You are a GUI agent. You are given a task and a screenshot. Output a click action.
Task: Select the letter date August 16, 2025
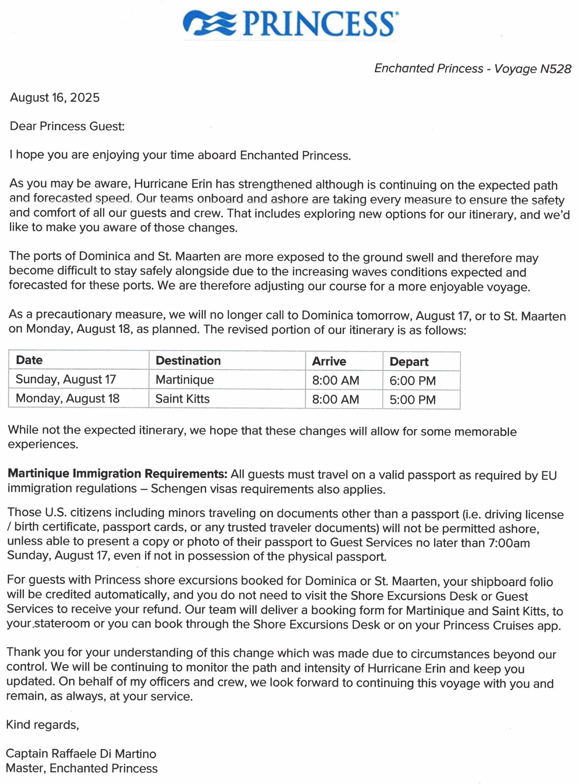pos(55,97)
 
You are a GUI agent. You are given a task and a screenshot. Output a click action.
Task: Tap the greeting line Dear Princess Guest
pos(67,126)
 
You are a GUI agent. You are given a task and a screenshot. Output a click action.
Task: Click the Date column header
pos(30,360)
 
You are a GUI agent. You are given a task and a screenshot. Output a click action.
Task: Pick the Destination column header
pos(188,361)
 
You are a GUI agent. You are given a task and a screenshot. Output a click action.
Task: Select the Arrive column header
pos(329,361)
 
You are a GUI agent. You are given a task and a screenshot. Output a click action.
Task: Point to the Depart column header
pos(409,362)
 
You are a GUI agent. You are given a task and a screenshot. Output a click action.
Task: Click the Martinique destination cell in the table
pos(185,379)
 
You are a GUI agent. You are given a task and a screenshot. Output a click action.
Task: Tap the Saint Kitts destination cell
pos(182,398)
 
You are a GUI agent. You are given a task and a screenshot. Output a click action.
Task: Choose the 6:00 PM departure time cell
pos(413,381)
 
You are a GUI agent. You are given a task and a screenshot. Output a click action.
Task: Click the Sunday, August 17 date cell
pos(66,379)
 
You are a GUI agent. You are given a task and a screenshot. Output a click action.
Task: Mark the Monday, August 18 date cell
pos(67,398)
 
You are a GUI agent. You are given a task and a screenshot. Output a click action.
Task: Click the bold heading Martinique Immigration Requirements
pos(118,474)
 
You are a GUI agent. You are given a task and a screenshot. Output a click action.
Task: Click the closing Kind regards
pos(42,725)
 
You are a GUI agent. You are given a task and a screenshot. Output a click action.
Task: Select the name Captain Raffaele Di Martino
pos(81,753)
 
